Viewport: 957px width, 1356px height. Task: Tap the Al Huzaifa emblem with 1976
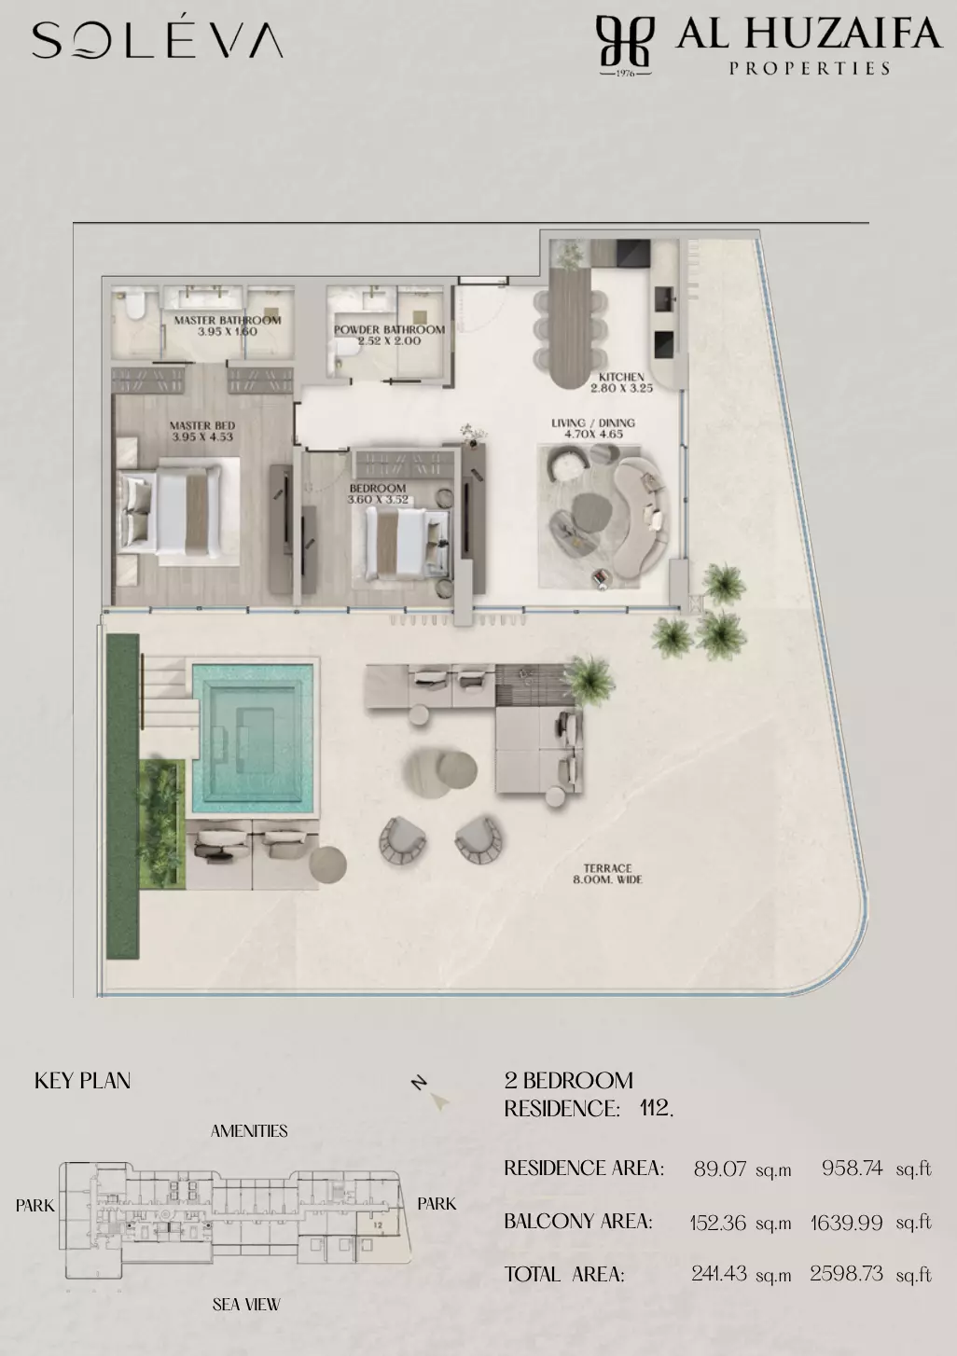[625, 46]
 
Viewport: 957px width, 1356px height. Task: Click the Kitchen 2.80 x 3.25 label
[621, 382]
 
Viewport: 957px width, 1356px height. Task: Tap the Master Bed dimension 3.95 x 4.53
[202, 436]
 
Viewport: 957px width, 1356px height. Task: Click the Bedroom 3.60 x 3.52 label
[378, 494]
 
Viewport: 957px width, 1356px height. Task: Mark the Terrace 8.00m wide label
[608, 874]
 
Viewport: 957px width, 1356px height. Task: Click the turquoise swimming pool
[253, 739]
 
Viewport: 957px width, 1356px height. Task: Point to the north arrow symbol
[439, 1101]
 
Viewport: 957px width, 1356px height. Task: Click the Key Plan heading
[82, 1081]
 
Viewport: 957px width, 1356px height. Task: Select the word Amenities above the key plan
[249, 1130]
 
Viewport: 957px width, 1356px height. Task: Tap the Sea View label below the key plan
[246, 1304]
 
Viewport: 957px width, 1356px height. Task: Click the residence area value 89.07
[720, 1169]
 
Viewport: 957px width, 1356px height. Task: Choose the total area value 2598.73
[846, 1274]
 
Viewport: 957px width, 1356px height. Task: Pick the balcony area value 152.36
[718, 1223]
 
